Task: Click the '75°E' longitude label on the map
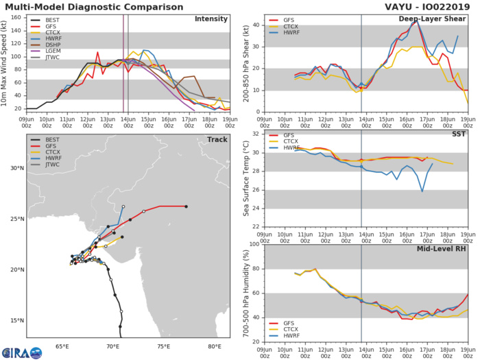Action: coord(163,345)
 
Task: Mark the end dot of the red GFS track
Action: coord(186,206)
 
